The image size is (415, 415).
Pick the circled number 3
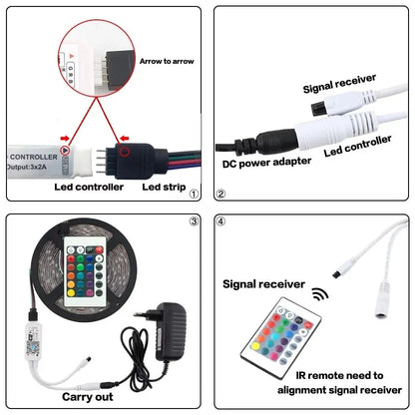[x=194, y=221]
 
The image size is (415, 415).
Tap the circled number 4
[x=221, y=221]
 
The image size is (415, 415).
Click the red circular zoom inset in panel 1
[x=91, y=50]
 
